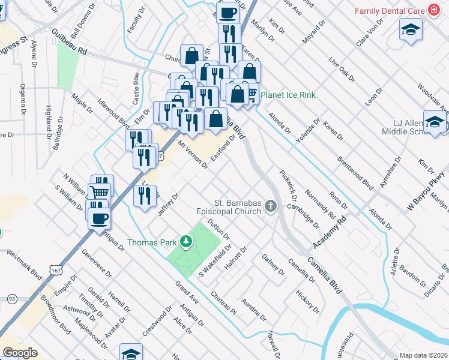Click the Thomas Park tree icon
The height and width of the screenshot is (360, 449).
click(x=186, y=242)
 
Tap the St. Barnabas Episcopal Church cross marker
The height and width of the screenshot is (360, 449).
click(x=271, y=207)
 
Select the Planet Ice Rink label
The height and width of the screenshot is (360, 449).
click(x=288, y=95)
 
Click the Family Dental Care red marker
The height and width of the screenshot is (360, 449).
click(x=432, y=11)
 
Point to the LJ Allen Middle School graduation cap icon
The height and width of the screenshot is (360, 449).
click(x=434, y=122)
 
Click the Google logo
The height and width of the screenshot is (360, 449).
click(x=20, y=353)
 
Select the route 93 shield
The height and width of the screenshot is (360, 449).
click(x=11, y=298)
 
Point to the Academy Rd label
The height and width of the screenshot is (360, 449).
click(x=330, y=233)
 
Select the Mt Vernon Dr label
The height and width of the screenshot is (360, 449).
click(x=193, y=155)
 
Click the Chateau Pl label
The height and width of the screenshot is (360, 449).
click(x=224, y=303)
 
